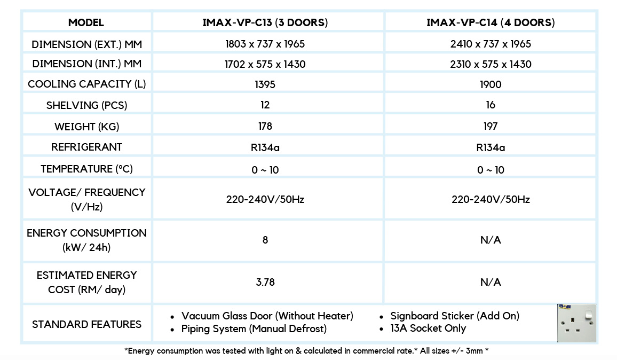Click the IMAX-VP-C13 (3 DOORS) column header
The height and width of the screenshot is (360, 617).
point(265,22)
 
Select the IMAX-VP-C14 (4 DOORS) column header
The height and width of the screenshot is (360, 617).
point(491,22)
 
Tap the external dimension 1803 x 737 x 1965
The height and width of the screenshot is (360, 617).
point(265,44)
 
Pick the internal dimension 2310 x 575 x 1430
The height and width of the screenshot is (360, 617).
point(491,64)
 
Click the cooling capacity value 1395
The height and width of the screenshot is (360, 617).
point(265,84)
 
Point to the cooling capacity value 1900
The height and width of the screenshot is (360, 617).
point(491,84)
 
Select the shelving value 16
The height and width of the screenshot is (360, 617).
point(491,105)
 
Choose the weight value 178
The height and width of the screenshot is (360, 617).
point(265,126)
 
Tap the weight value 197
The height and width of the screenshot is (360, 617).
point(491,126)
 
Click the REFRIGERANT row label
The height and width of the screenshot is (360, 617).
point(86,147)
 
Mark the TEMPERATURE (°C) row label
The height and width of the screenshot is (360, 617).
point(86,169)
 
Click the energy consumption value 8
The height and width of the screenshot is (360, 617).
point(265,240)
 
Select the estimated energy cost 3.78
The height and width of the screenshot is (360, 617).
point(265,282)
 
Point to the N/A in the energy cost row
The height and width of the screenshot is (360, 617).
point(491,282)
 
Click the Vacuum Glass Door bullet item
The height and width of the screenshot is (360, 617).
point(267,316)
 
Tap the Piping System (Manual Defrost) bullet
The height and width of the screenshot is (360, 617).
point(254,328)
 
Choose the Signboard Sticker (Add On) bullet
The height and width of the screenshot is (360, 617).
point(455,316)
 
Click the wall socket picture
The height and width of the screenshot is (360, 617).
point(576,323)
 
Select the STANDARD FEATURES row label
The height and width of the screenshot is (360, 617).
point(86,324)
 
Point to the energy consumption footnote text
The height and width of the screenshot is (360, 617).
point(307,351)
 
